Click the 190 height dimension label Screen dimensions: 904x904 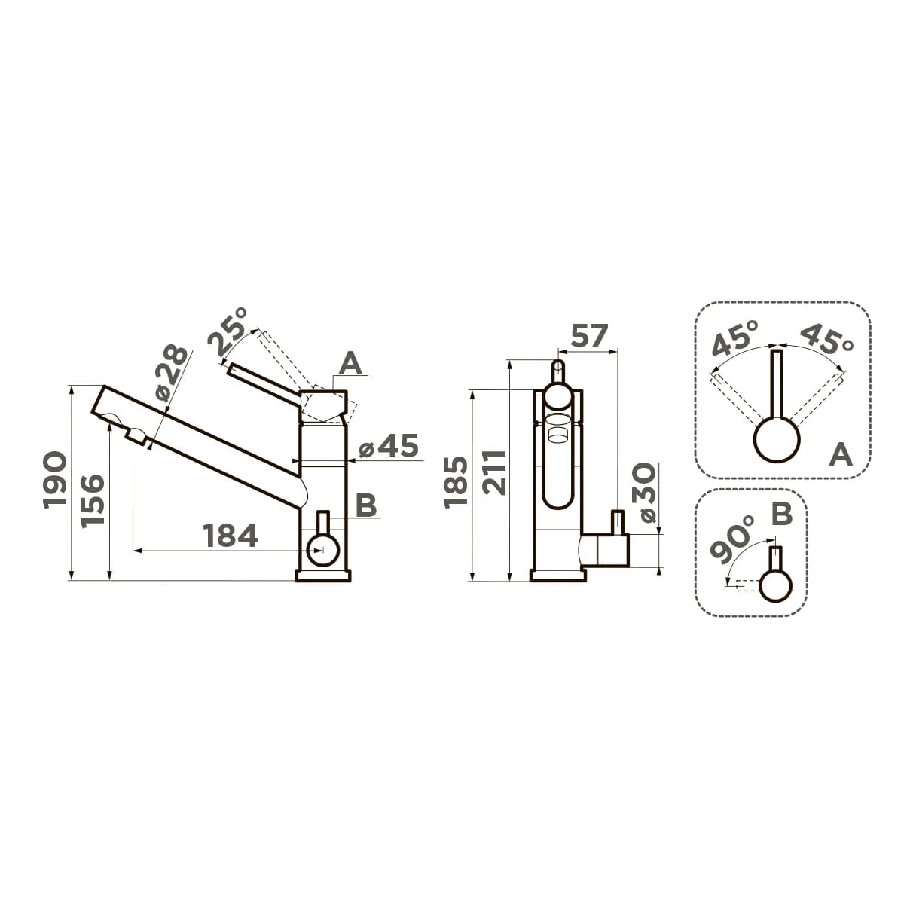point(54,480)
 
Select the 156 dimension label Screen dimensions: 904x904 point(92,501)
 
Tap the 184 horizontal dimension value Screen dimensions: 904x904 point(230,536)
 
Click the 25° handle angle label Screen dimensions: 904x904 point(228,331)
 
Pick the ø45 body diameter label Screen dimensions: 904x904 point(389,446)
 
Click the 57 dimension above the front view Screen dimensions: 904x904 point(588,335)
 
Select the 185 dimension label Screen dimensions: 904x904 point(456,482)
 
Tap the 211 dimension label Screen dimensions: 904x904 point(495,472)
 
